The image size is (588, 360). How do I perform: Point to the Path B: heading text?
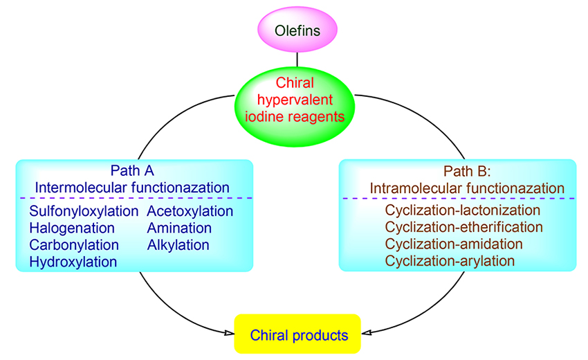pos(458,170)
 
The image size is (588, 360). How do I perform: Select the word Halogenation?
pos(72,228)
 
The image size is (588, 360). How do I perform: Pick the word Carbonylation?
pos(74,245)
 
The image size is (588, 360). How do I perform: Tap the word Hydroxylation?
pos(73,262)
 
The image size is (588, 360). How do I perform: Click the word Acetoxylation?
pos(190,211)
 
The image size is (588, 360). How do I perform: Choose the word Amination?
pos(179,228)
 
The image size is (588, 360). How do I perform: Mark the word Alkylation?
pos(178,245)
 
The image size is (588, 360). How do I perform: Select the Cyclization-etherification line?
pos(464,227)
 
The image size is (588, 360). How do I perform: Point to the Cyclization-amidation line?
pos(454,244)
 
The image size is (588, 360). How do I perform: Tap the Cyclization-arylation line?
pos(450,261)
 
